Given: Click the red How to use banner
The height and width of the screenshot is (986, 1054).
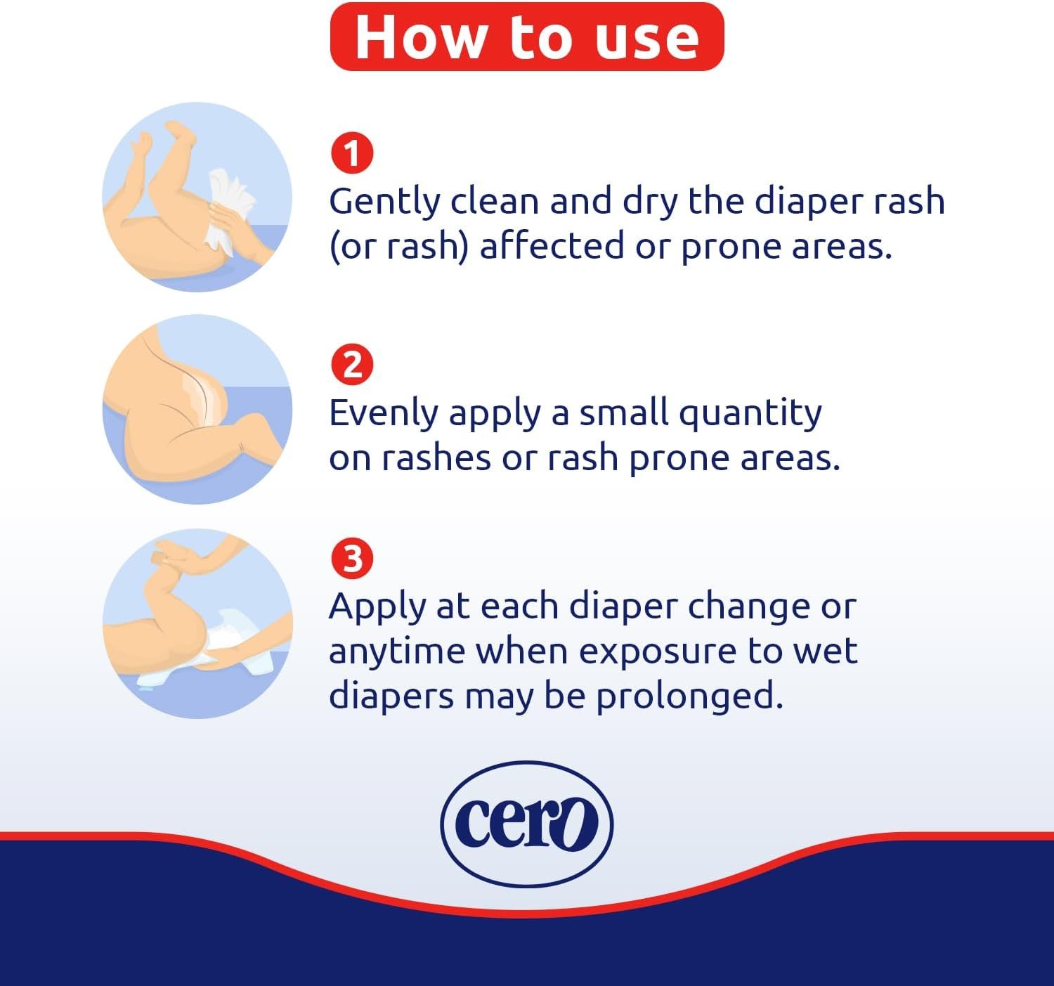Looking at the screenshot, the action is coord(526,36).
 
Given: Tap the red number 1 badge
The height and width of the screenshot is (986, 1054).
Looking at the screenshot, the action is coord(352,153).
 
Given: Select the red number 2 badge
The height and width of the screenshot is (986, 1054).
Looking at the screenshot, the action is coord(352,365).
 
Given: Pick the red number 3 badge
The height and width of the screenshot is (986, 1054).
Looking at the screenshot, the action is coord(352,558).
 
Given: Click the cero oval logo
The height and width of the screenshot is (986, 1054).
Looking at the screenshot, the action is coord(526,824).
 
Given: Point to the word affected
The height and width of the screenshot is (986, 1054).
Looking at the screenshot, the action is coord(552,246).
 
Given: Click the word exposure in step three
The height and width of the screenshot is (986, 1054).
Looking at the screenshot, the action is coord(657,653).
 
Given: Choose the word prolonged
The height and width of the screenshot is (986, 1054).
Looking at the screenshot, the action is coord(689,698).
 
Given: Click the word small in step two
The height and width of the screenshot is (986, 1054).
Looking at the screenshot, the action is coord(623,413).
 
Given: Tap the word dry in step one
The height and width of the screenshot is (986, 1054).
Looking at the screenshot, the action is coord(650,203).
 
